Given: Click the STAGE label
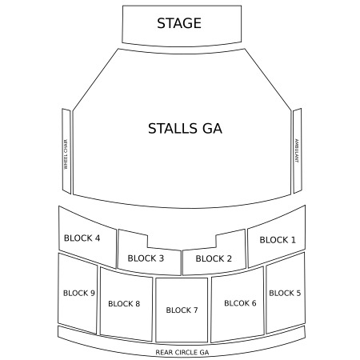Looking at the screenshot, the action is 179,23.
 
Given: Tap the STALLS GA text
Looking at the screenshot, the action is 185,128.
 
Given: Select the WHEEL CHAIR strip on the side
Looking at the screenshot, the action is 66,151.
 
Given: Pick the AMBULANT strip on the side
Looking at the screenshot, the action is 298,150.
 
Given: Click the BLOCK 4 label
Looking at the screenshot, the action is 82,238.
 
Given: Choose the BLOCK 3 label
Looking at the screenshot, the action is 146,258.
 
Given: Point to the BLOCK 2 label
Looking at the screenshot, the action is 214,258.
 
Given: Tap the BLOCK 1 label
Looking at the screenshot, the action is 278,240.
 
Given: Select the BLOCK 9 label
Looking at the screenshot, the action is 79,293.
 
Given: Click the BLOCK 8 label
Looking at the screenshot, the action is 124,304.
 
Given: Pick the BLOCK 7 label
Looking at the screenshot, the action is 182,310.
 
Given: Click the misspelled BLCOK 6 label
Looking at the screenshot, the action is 240,303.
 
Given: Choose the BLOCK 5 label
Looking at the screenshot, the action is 285,293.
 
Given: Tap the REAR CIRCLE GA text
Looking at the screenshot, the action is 182,352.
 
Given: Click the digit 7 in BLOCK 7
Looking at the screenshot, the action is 195,310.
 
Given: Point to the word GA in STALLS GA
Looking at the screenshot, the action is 212,128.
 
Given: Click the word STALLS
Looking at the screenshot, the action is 173,128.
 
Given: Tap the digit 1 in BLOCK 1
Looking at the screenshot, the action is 294,240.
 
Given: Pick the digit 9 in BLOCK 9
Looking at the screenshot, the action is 93,293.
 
